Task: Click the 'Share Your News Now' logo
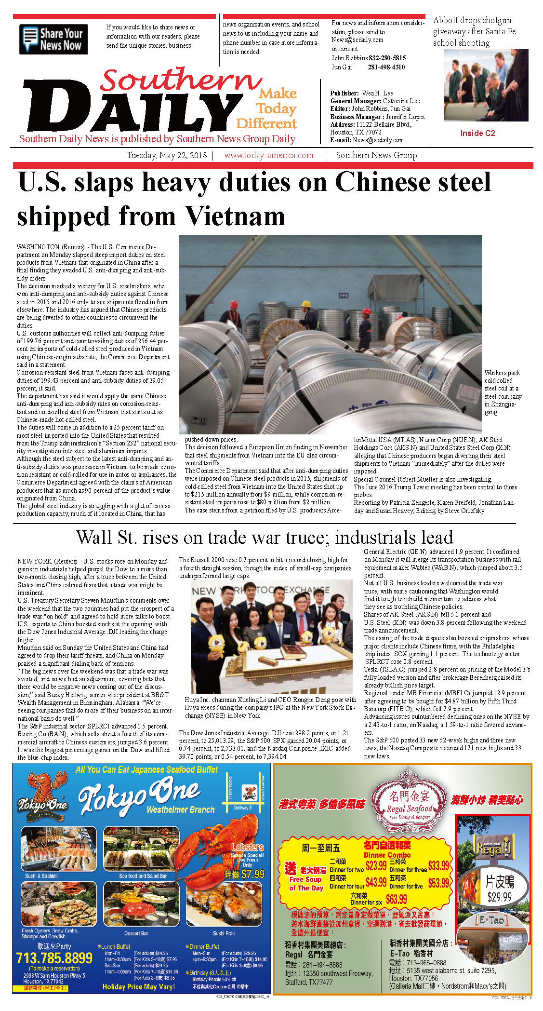[53, 39]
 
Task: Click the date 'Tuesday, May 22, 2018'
[167, 155]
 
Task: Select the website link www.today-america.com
[268, 155]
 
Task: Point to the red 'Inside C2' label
[477, 133]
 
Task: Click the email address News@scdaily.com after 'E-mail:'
[378, 140]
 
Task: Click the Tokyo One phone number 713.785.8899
[54, 957]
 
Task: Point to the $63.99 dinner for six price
[396, 899]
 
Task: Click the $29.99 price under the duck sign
[499, 897]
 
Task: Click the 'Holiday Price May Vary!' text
[138, 987]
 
